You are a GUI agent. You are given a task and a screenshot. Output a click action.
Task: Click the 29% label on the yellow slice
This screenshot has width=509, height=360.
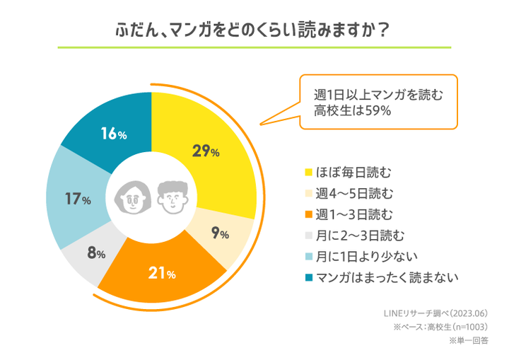point(206,151)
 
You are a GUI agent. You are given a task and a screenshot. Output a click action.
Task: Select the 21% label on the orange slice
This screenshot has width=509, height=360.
point(162,273)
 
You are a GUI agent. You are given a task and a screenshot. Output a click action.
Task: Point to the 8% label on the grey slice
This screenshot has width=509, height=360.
point(95,252)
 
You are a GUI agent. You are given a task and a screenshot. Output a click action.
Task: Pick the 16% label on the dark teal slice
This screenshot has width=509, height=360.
point(113,134)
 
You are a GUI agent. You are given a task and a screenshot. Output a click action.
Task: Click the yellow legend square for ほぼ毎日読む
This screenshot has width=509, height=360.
point(308,172)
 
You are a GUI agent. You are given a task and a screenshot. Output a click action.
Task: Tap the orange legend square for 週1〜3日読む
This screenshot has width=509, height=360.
point(308,214)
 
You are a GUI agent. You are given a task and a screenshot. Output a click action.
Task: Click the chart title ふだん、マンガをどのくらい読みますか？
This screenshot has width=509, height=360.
point(254,30)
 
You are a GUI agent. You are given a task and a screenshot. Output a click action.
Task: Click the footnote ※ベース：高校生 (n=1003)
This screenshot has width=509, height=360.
point(441,327)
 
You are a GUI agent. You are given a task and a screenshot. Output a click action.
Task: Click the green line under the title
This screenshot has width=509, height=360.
point(254,47)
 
